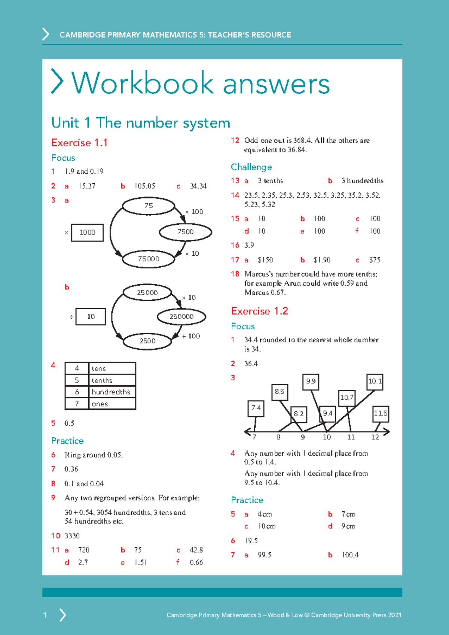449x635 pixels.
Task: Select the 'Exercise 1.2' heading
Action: [259, 311]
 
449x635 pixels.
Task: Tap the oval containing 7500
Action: [186, 232]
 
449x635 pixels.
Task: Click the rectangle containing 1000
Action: [87, 233]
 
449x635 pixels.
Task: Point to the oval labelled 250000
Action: [181, 317]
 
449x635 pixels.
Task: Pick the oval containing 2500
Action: [147, 341]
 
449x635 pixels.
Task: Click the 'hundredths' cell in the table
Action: [111, 392]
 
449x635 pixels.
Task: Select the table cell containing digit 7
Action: [77, 404]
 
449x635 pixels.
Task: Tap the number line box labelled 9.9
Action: [311, 382]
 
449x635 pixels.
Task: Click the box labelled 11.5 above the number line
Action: [381, 413]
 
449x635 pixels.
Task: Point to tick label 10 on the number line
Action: [327, 437]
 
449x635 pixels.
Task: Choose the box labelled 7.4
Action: [256, 408]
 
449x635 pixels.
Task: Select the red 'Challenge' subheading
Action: [251, 167]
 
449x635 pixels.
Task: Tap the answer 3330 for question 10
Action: [72, 536]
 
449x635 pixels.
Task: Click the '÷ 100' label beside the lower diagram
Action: [191, 336]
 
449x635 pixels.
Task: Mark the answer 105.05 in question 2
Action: [145, 186]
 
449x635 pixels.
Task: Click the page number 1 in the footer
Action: [45, 615]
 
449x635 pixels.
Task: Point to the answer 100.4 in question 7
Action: [350, 555]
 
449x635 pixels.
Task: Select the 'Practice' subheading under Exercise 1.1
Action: [67, 441]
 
